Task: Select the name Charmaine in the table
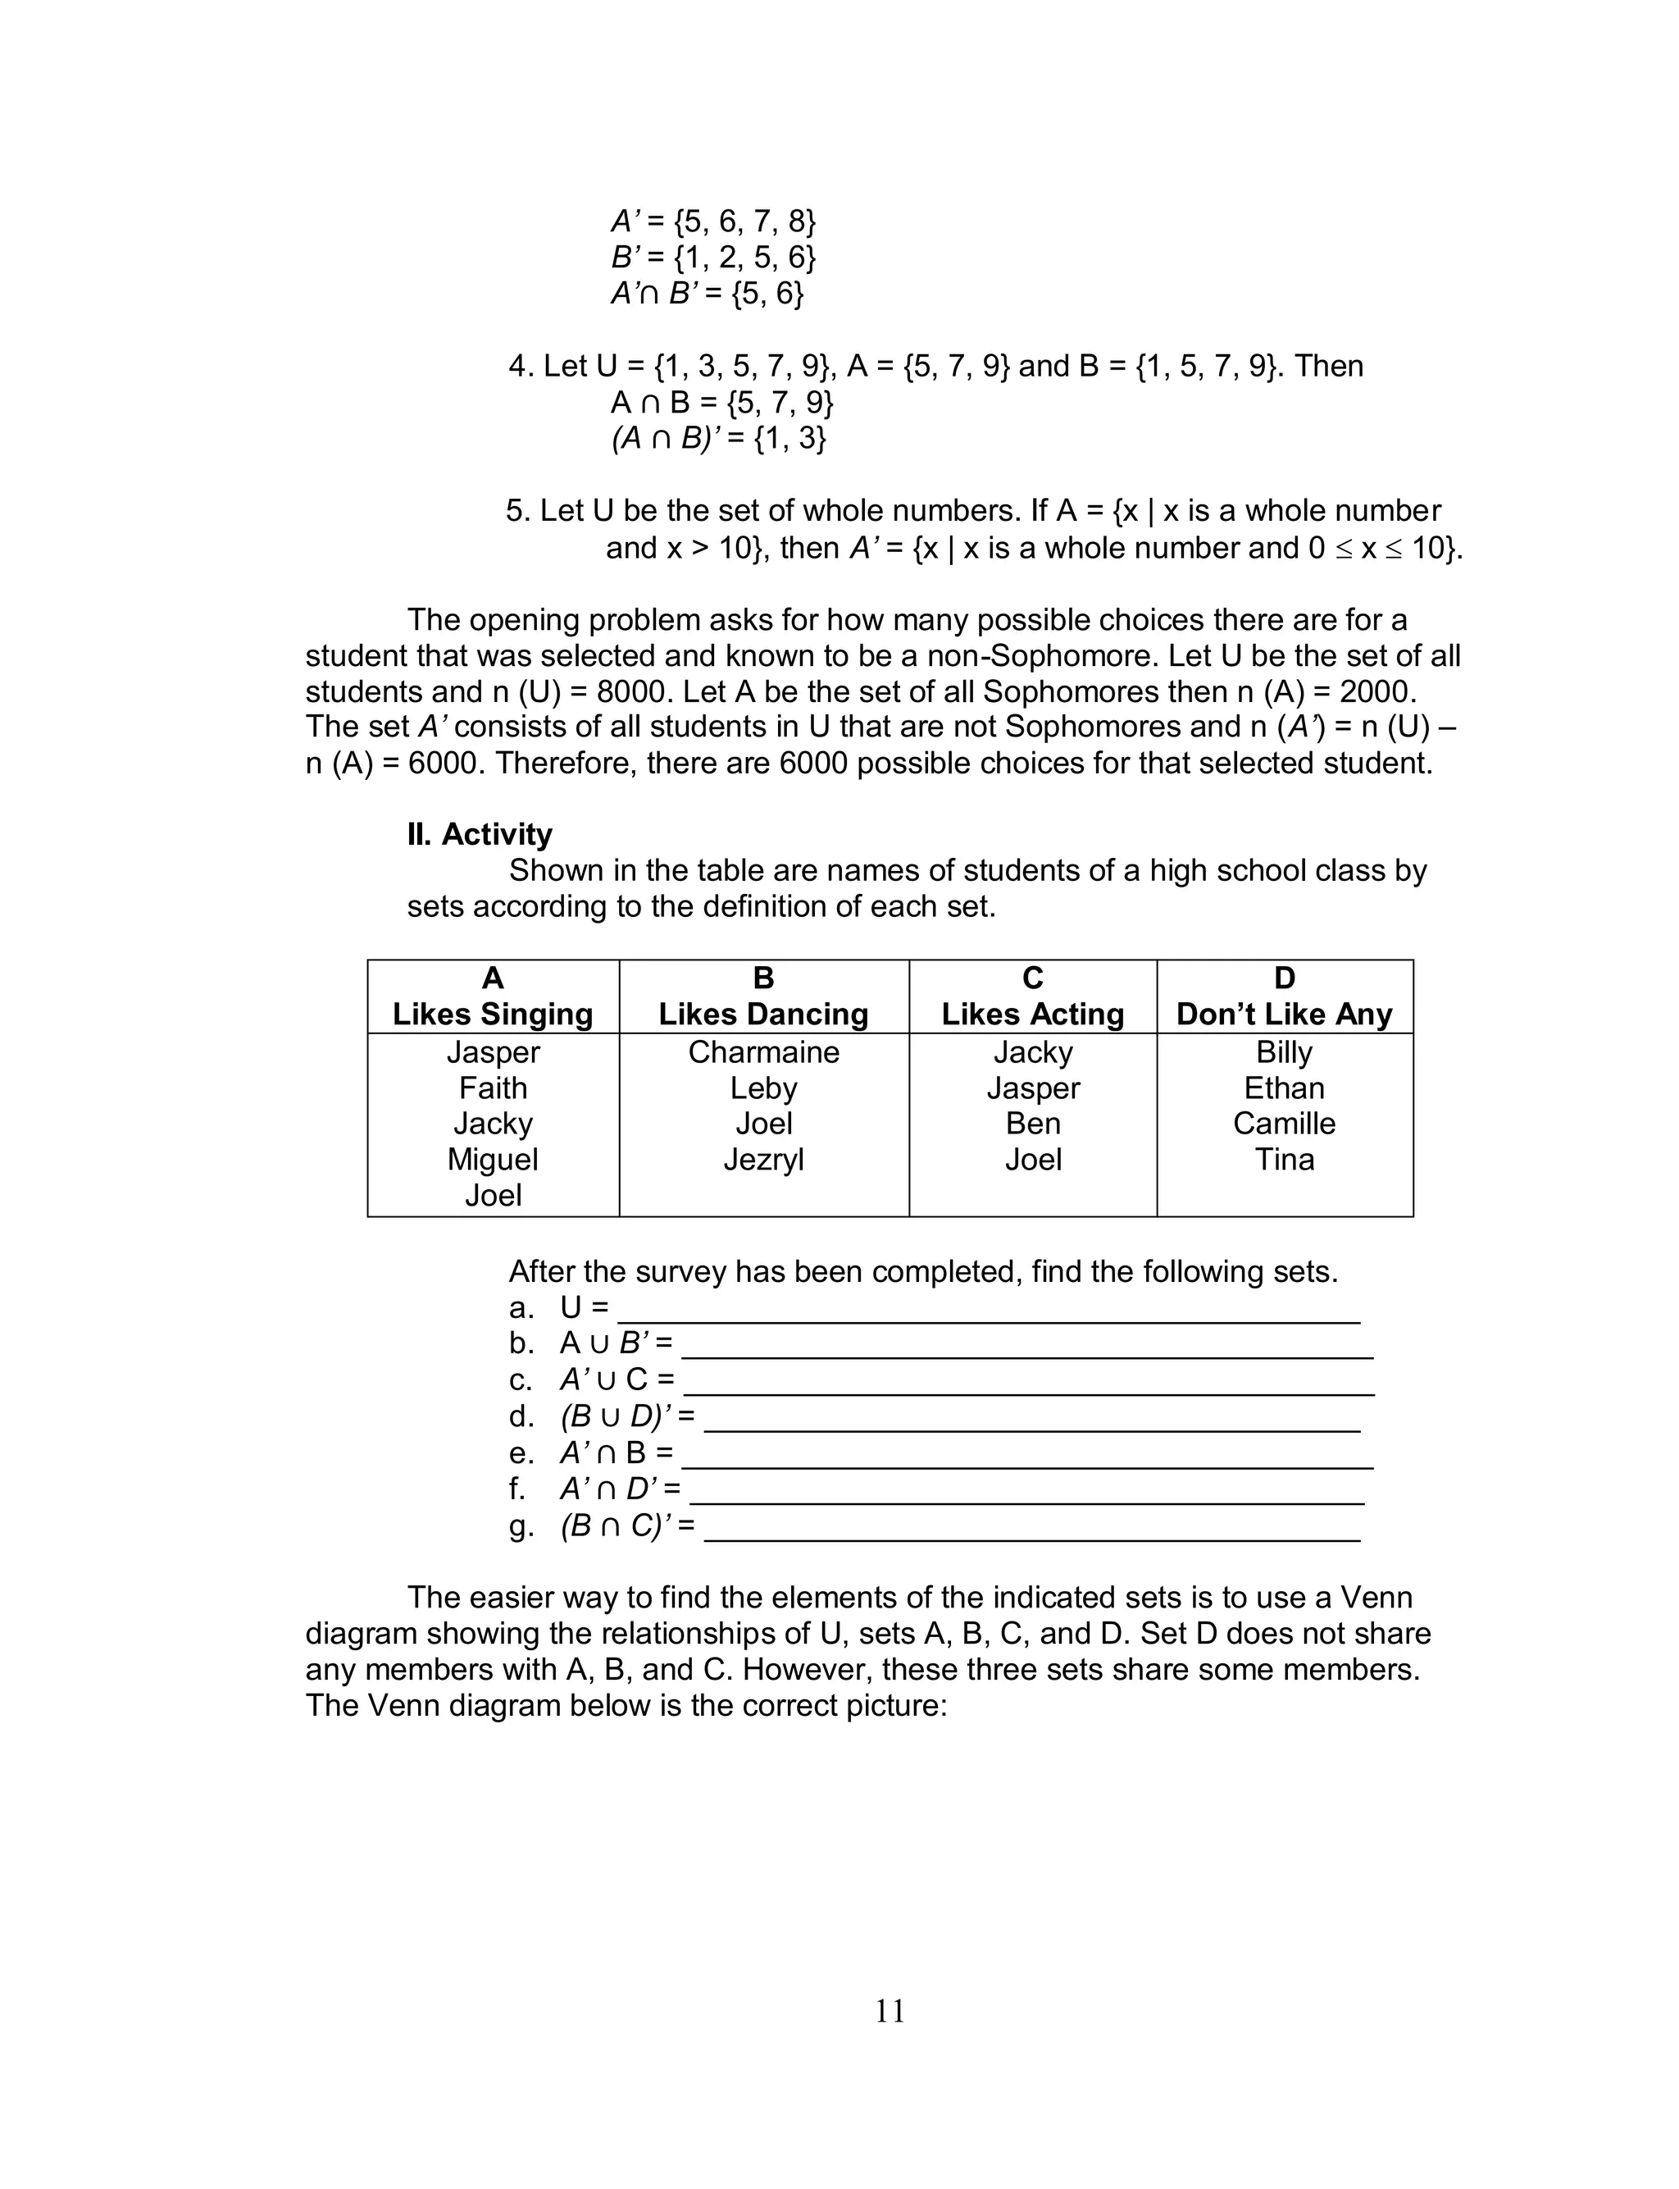[763, 1051]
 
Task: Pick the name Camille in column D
[1283, 1123]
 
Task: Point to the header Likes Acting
[1032, 1014]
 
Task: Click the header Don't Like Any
[1283, 1014]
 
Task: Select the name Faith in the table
[493, 1088]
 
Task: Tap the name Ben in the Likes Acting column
[1032, 1123]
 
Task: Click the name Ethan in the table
[1283, 1088]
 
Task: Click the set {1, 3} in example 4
[789, 438]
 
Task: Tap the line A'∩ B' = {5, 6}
[708, 293]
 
